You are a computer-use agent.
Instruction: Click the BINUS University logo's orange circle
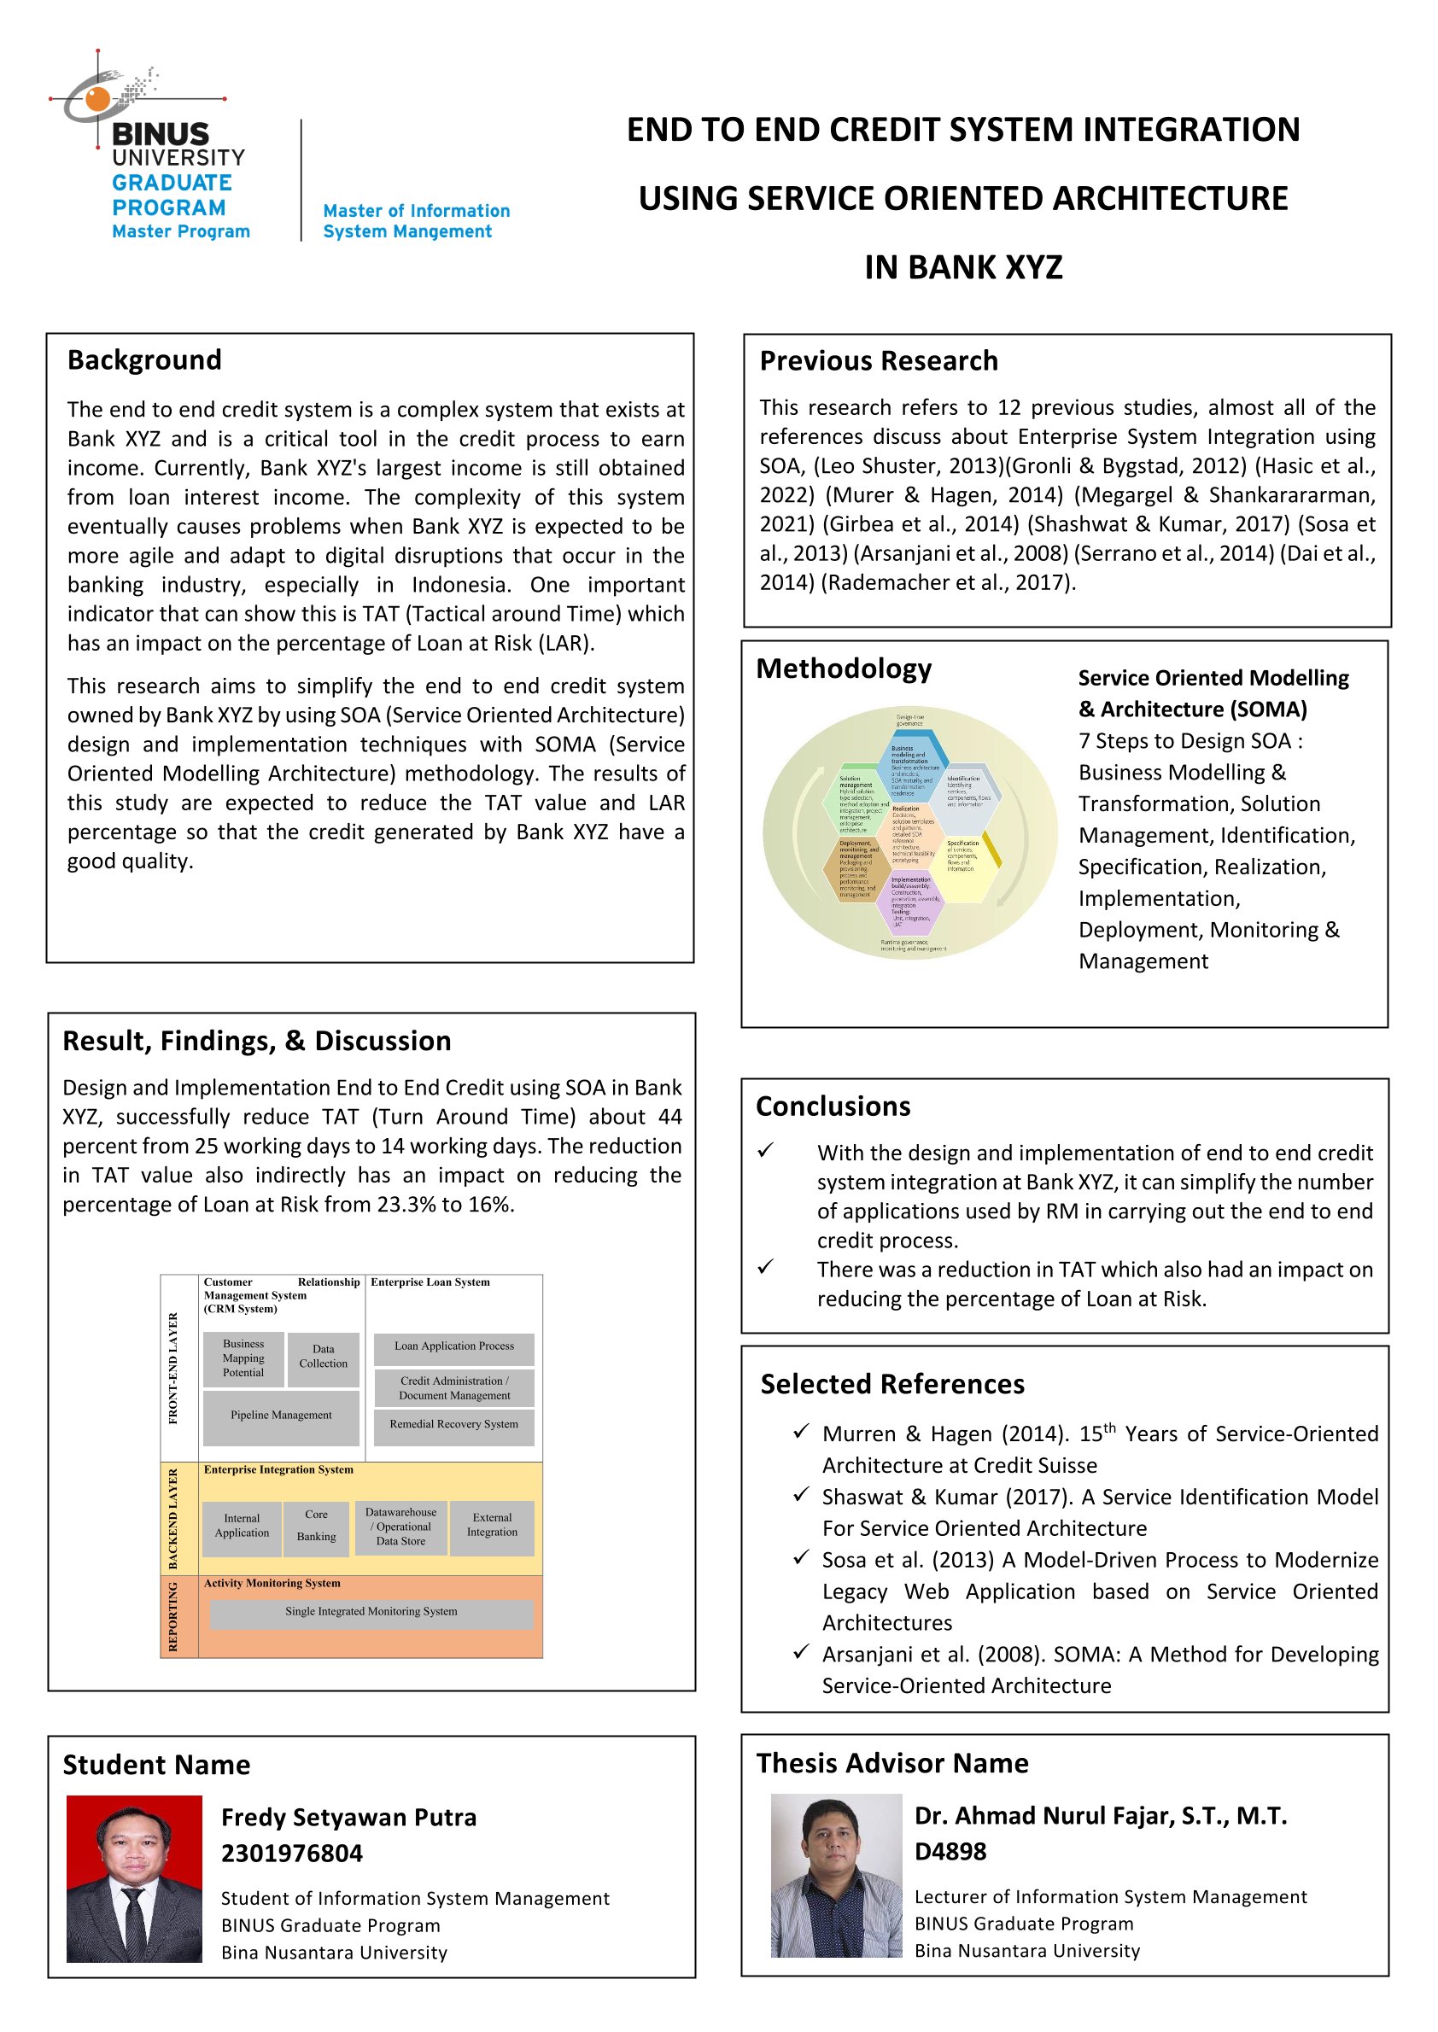97,99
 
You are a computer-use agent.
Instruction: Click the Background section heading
144,360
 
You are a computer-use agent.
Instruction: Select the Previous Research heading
879,361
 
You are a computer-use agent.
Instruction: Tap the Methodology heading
843,669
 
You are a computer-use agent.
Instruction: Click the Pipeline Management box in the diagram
281,1415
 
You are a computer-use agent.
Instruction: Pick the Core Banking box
316,1526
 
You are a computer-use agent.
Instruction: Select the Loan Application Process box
453,1346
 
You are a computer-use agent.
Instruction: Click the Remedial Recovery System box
453,1424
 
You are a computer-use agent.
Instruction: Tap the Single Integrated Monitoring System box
371,1611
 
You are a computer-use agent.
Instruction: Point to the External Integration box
492,1525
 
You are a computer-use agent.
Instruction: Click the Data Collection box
323,1357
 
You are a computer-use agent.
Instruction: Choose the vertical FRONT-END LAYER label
173,1367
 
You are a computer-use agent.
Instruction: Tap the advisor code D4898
950,1850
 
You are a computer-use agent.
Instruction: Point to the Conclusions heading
833,1107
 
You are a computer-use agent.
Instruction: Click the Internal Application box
242,1526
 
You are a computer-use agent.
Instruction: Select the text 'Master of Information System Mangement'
416,221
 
